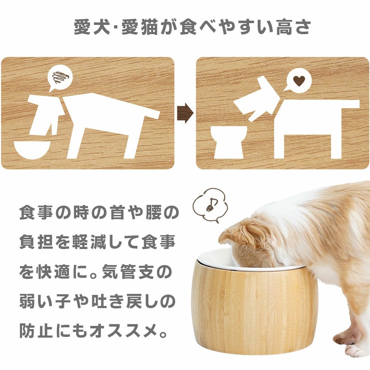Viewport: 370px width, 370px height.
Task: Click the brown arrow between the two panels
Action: coord(185,113)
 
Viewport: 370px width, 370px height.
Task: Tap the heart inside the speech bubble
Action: coord(299,81)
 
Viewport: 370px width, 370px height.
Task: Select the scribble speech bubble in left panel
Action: coord(59,78)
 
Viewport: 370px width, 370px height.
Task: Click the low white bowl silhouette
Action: coord(32,149)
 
